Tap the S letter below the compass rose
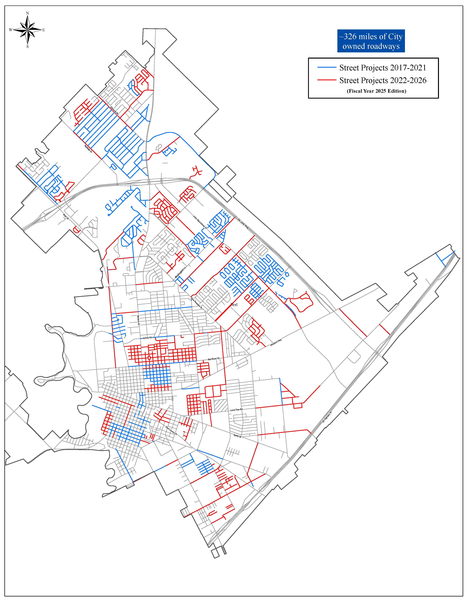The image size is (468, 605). pos(27,46)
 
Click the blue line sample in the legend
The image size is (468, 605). pos(327,67)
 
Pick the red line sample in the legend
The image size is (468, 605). pos(327,80)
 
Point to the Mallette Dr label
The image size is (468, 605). pos(89,149)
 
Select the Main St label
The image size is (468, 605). pos(66,217)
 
